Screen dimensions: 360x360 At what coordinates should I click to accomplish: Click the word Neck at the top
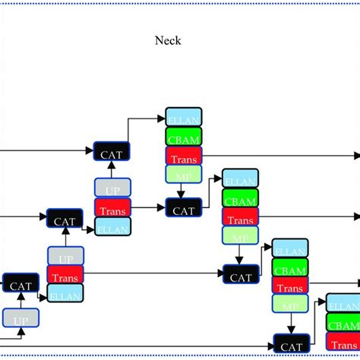(168, 41)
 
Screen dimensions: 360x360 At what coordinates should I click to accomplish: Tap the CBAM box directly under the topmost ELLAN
(183, 137)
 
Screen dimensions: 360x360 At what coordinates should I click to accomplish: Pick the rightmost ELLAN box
(343, 301)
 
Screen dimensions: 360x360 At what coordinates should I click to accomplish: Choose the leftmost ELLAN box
(66, 293)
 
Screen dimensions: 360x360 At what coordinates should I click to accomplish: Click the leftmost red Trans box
(66, 274)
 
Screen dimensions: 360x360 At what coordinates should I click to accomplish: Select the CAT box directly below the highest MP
(183, 207)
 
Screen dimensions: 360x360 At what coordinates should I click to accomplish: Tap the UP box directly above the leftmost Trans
(66, 256)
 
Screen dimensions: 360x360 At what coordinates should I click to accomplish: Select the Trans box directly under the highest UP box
(112, 207)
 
